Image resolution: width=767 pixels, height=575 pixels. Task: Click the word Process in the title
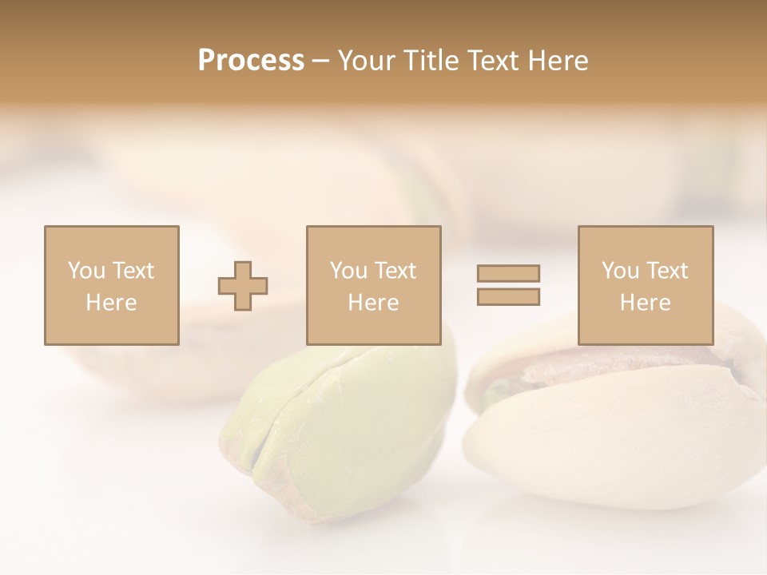click(251, 61)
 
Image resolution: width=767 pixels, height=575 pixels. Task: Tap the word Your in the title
click(367, 61)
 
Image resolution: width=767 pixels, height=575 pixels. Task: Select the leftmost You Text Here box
click(111, 285)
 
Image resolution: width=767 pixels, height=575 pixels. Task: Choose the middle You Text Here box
click(373, 285)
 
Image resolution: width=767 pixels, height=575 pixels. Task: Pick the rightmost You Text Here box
click(645, 285)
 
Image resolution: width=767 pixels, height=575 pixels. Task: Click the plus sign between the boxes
click(243, 286)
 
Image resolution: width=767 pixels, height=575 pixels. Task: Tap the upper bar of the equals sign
click(508, 273)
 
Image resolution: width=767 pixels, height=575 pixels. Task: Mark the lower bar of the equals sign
click(508, 296)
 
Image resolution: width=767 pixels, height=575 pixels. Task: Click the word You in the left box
click(85, 271)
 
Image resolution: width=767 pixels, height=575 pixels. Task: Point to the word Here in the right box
click(645, 303)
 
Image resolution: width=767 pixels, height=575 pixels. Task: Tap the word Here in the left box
click(111, 303)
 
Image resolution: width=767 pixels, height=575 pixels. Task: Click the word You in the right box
click(620, 271)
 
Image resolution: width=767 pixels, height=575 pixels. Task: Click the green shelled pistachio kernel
click(344, 431)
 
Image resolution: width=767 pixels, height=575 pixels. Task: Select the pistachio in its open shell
click(615, 423)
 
